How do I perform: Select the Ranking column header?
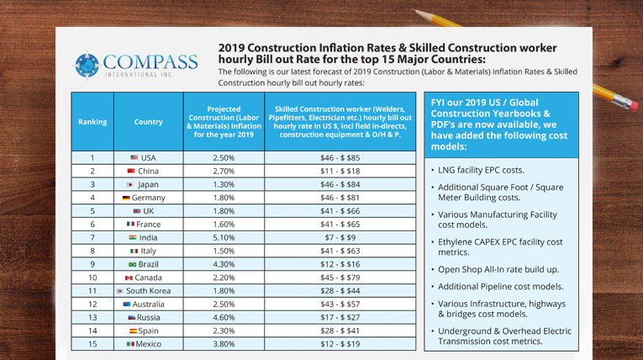[x=92, y=122]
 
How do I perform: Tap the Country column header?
[x=148, y=122]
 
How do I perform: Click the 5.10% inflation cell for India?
[x=223, y=237]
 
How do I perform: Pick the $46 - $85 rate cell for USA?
[x=340, y=157]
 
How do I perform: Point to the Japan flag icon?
[x=130, y=184]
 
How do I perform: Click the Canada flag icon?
[x=129, y=278]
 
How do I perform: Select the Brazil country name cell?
[x=148, y=264]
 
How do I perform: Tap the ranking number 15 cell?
[x=92, y=344]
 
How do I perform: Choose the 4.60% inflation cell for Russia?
[x=223, y=317]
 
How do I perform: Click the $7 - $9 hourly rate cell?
[x=340, y=237]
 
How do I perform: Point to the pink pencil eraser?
[x=625, y=103]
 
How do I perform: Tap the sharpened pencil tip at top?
[x=416, y=12]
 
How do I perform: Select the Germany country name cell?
[x=148, y=198]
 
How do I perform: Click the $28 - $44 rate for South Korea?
[x=340, y=291]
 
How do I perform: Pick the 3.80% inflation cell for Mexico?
[x=223, y=344]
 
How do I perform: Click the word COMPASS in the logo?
[x=150, y=61]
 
